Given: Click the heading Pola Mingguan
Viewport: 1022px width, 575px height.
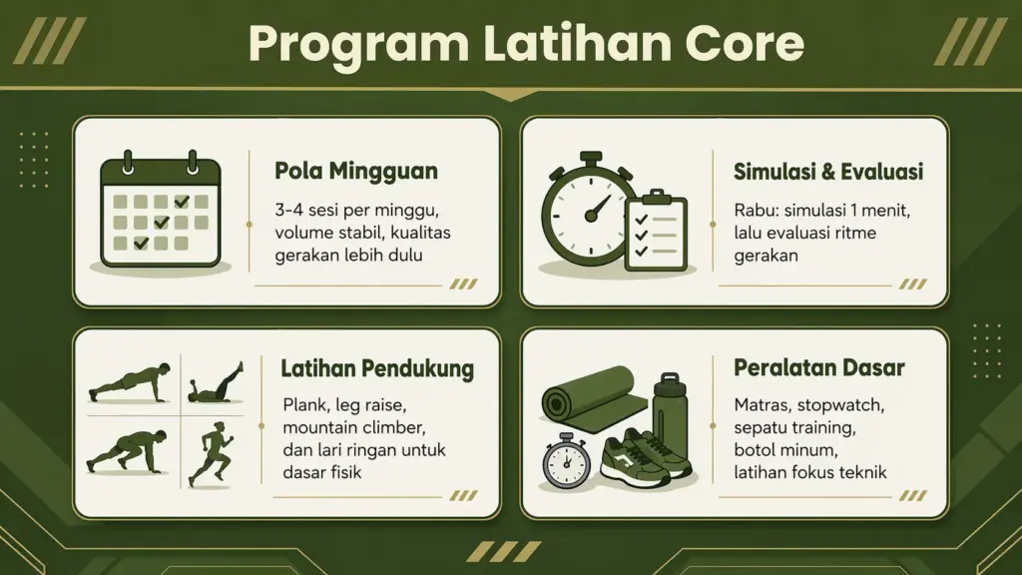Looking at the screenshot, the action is click(x=356, y=172).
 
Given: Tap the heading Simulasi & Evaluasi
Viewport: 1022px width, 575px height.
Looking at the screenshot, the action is click(x=828, y=172).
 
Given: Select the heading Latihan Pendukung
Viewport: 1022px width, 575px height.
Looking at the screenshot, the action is click(x=377, y=368).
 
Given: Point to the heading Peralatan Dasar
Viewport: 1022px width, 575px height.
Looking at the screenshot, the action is click(x=819, y=367).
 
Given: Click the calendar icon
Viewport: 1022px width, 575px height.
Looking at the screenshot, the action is click(x=161, y=209).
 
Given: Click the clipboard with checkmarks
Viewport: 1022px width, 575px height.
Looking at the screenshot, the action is click(x=656, y=231).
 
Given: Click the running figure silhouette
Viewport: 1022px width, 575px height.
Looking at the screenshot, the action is click(x=212, y=454).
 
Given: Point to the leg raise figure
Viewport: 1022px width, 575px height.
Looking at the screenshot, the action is click(x=216, y=383).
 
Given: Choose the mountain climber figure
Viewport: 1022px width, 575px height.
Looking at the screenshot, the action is click(x=128, y=451).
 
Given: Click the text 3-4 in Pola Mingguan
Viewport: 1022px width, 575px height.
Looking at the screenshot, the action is click(x=288, y=211).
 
